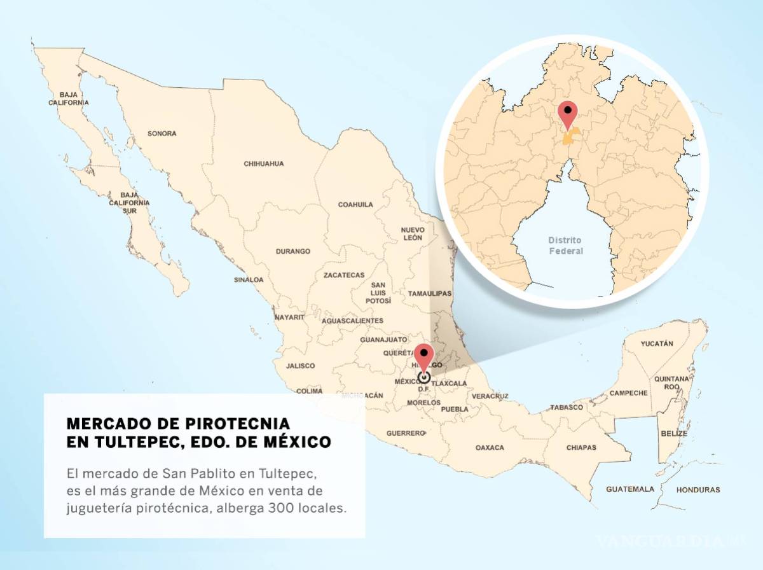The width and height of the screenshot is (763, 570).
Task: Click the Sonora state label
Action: click(162, 134)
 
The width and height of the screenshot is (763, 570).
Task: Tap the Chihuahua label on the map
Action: click(263, 163)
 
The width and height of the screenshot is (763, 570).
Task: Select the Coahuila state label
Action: click(355, 205)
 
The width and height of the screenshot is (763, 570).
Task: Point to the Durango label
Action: click(292, 251)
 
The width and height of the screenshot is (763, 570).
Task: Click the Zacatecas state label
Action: click(344, 275)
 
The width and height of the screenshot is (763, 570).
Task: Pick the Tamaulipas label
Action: click(429, 294)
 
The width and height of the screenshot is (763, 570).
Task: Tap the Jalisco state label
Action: click(300, 366)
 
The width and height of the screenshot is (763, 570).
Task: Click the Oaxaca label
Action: click(490, 448)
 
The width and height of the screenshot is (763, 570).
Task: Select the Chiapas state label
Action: click(581, 447)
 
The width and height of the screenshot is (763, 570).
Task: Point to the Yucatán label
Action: click(657, 344)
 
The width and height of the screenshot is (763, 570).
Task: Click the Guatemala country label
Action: click(629, 489)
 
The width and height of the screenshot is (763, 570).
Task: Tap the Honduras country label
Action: click(698, 490)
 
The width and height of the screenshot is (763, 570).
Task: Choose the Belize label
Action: click(674, 433)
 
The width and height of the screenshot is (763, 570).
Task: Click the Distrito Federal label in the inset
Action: click(565, 246)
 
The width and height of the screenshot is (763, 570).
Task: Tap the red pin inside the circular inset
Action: click(567, 114)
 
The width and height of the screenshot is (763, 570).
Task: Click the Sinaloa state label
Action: click(248, 279)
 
